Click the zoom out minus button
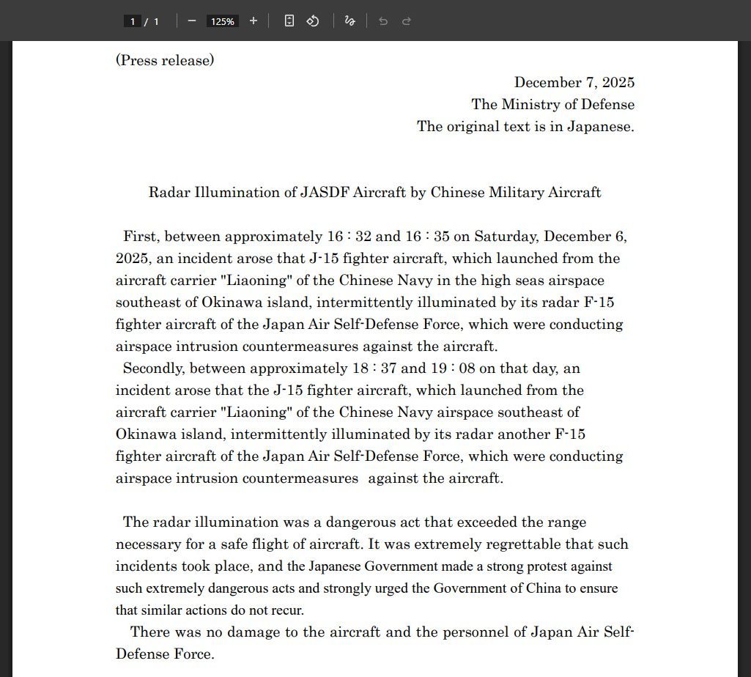(x=192, y=21)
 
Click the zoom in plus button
(x=254, y=21)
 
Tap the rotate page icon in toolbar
(x=313, y=21)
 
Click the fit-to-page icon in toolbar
(x=289, y=21)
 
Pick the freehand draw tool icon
(x=349, y=21)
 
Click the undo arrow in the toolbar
(x=383, y=21)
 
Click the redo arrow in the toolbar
(x=407, y=21)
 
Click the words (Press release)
(x=165, y=61)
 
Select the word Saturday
(x=506, y=237)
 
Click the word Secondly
(x=152, y=369)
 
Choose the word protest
(x=544, y=566)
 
